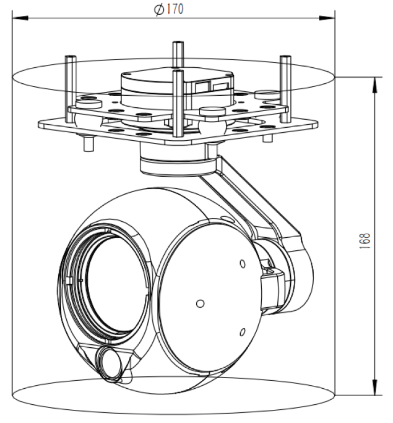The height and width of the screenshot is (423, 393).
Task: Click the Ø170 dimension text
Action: (169, 10)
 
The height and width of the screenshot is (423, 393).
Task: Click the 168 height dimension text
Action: (365, 237)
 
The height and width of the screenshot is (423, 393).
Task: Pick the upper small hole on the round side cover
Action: (242, 263)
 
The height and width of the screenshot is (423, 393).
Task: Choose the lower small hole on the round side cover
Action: (242, 332)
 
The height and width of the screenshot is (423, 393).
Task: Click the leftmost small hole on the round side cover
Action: (199, 303)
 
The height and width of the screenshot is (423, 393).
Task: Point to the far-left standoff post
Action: (70, 86)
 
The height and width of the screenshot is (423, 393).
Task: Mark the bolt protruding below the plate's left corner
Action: (87, 143)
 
